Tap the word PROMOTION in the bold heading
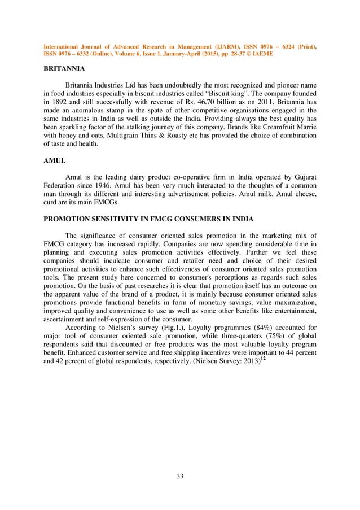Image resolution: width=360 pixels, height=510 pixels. [70, 220]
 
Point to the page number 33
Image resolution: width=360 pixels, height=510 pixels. [180, 477]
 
